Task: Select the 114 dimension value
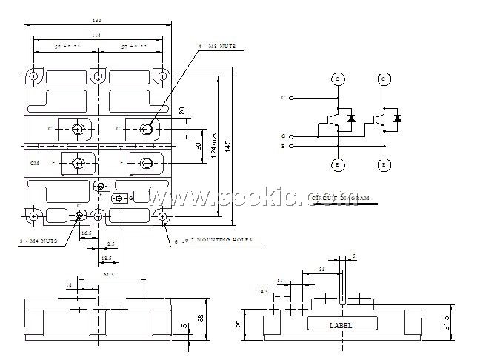pyautogui.click(x=97, y=35)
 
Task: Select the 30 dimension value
pyautogui.click(x=198, y=146)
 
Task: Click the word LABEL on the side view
pyautogui.click(x=341, y=325)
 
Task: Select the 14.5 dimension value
pyautogui.click(x=263, y=292)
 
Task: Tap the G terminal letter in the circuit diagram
pyautogui.click(x=284, y=136)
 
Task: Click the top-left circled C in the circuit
pyautogui.click(x=337, y=79)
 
